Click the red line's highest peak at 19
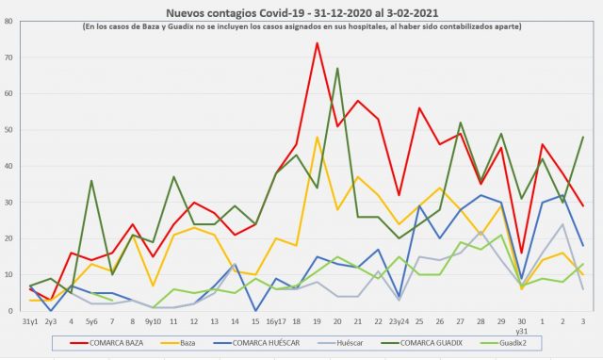tap(317, 43)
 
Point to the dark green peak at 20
tap(337, 69)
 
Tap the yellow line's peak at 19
tap(317, 138)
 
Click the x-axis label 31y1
tap(31, 320)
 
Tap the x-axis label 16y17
tap(276, 320)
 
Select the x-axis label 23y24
tap(399, 320)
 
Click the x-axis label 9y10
tap(153, 320)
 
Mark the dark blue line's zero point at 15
tap(255, 310)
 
